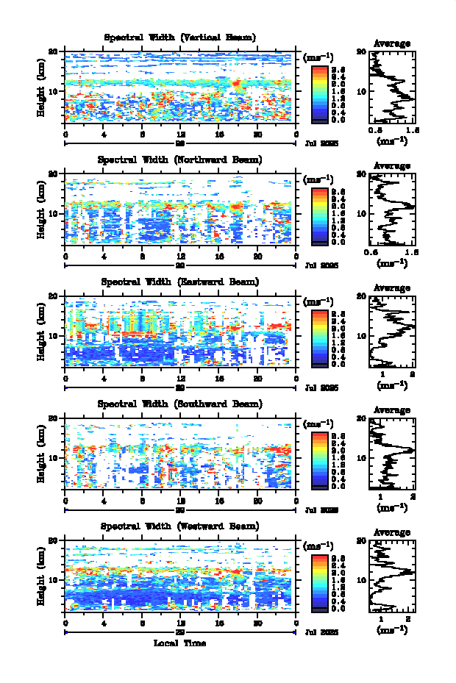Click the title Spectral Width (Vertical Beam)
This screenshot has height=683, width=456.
pyautogui.click(x=180, y=37)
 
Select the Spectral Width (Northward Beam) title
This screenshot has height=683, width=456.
pyautogui.click(x=180, y=160)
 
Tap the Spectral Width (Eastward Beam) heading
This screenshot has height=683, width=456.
pyautogui.click(x=180, y=282)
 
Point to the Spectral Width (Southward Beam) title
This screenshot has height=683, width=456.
pyautogui.click(x=180, y=404)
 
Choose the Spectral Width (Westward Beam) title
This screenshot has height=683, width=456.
pyautogui.click(x=180, y=526)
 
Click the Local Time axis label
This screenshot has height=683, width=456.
pyautogui.click(x=180, y=643)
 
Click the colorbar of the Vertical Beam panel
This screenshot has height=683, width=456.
pyautogui.click(x=319, y=93)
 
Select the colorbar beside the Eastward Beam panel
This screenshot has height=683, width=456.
pyautogui.click(x=319, y=337)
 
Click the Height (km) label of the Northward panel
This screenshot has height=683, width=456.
pyautogui.click(x=42, y=213)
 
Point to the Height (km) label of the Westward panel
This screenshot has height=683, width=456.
pyautogui.click(x=42, y=580)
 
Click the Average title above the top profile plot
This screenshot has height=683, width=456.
pyautogui.click(x=392, y=44)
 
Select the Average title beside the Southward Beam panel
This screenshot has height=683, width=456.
pyautogui.click(x=392, y=410)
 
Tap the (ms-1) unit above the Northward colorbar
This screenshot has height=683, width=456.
pyautogui.click(x=318, y=180)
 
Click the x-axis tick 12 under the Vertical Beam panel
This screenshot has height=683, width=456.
pyautogui.click(x=180, y=135)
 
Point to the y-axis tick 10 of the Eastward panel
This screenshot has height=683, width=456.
pyautogui.click(x=54, y=336)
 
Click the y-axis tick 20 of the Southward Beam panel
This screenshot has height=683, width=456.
pyautogui.click(x=54, y=418)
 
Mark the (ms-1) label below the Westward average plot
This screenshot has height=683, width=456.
pyautogui.click(x=392, y=630)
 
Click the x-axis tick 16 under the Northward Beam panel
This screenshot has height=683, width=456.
pyautogui.click(x=219, y=257)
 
